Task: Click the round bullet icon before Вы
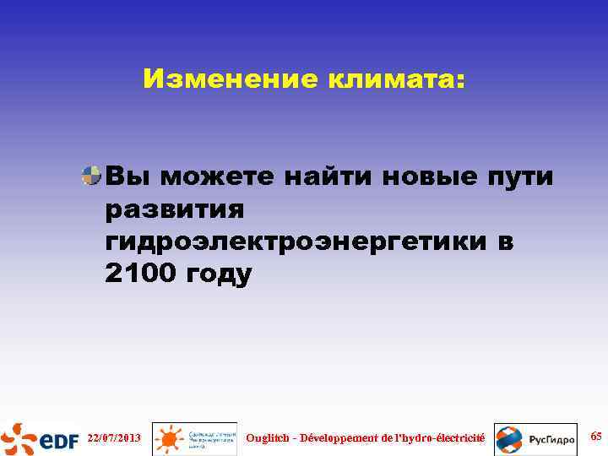[x=91, y=176]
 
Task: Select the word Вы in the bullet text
[x=127, y=176]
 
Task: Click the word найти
[x=332, y=176]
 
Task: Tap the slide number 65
[x=595, y=437]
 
